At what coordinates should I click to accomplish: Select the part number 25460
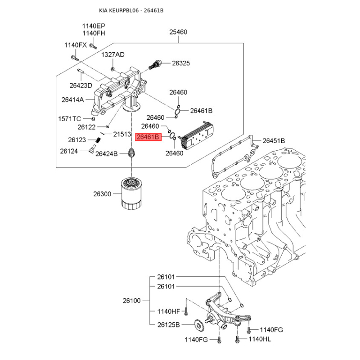[x=178, y=32]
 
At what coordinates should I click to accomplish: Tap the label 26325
[x=181, y=63]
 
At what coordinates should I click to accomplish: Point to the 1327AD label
[x=112, y=54]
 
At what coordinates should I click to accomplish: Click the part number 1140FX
[x=75, y=45]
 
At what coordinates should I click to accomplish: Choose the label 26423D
[x=81, y=85]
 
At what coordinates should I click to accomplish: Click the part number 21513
[x=121, y=134]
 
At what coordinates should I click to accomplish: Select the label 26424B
[x=106, y=154]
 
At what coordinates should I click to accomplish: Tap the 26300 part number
[x=102, y=194]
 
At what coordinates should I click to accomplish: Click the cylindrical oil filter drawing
[x=131, y=194]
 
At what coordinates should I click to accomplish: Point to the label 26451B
[x=274, y=141]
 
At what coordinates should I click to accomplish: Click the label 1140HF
[x=168, y=311]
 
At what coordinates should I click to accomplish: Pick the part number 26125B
[x=168, y=324]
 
